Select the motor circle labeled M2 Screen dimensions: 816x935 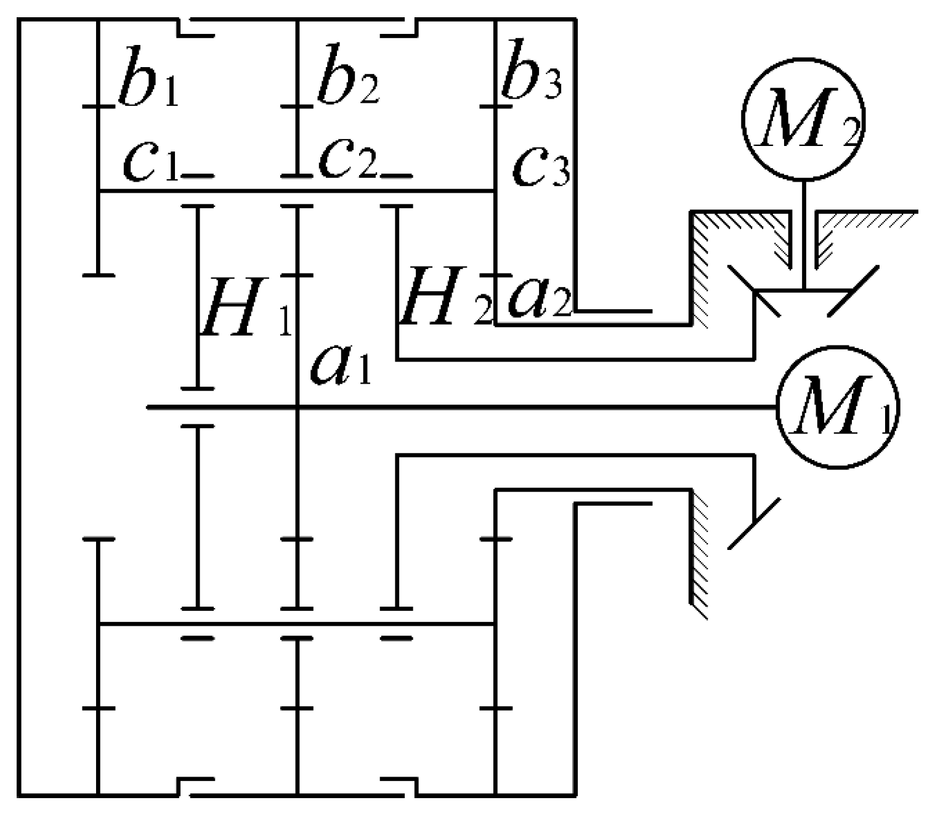tap(804, 120)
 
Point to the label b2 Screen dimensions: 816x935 tap(347, 83)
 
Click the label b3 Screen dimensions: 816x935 tap(531, 80)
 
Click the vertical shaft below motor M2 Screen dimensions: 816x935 tap(803, 234)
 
